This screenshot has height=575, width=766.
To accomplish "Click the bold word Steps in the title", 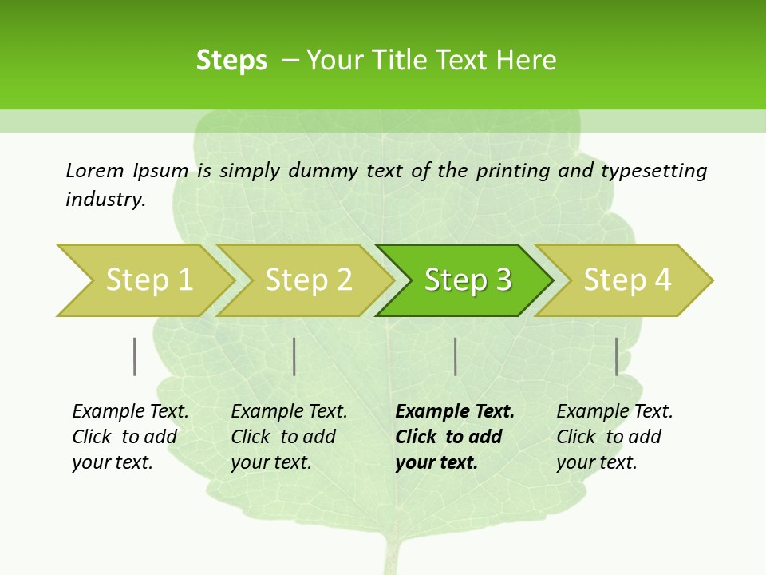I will coord(231,61).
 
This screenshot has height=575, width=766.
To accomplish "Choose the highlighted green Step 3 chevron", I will coord(468,280).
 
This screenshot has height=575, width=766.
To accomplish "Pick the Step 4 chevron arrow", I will coord(627,280).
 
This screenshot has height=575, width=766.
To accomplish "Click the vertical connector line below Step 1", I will coord(135,356).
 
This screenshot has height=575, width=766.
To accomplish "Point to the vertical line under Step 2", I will coord(294,356).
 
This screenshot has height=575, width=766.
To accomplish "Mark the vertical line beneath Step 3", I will coord(455,356).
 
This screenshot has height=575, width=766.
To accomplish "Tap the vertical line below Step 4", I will coord(616,356).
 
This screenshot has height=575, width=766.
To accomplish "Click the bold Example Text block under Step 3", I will coord(454,437).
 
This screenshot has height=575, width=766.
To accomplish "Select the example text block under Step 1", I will coord(130,437).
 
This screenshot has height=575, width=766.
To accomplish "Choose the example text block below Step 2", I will coord(289,437).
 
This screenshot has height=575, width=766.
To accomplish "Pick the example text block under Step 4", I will coord(614,437).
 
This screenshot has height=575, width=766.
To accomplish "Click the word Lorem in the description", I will coord(95,170).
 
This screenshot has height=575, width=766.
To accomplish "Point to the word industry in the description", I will coord(105,200).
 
